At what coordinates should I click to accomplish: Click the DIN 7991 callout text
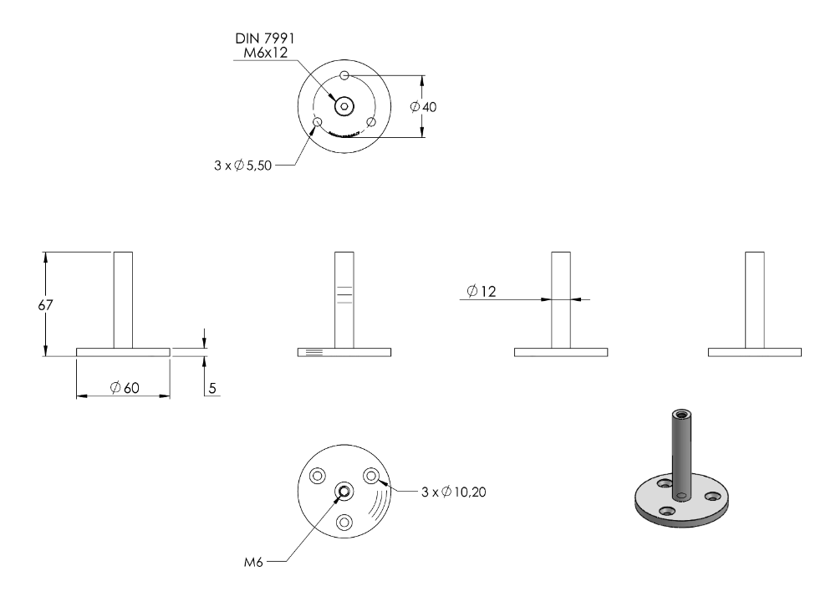(264, 38)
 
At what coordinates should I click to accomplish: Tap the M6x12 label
(266, 52)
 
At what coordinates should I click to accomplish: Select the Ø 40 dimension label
(423, 107)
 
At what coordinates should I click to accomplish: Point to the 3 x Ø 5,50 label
(243, 166)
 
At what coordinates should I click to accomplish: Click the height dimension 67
(45, 305)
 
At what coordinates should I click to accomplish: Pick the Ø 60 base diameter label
(125, 388)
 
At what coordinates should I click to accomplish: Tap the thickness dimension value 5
(212, 388)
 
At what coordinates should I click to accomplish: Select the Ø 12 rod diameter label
(481, 291)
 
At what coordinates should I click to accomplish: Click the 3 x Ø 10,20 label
(454, 492)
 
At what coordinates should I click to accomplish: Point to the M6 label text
(254, 562)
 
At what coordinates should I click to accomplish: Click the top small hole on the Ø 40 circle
(344, 76)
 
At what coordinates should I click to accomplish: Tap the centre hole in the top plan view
(344, 107)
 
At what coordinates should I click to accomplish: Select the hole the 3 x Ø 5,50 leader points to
(318, 122)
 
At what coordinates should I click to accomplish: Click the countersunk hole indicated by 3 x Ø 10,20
(371, 475)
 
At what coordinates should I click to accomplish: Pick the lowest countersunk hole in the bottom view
(344, 522)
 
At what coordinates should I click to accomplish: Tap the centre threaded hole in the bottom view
(344, 491)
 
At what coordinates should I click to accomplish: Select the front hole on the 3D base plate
(667, 512)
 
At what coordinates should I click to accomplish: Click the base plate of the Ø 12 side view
(561, 353)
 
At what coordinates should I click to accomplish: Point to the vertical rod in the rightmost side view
(755, 300)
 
